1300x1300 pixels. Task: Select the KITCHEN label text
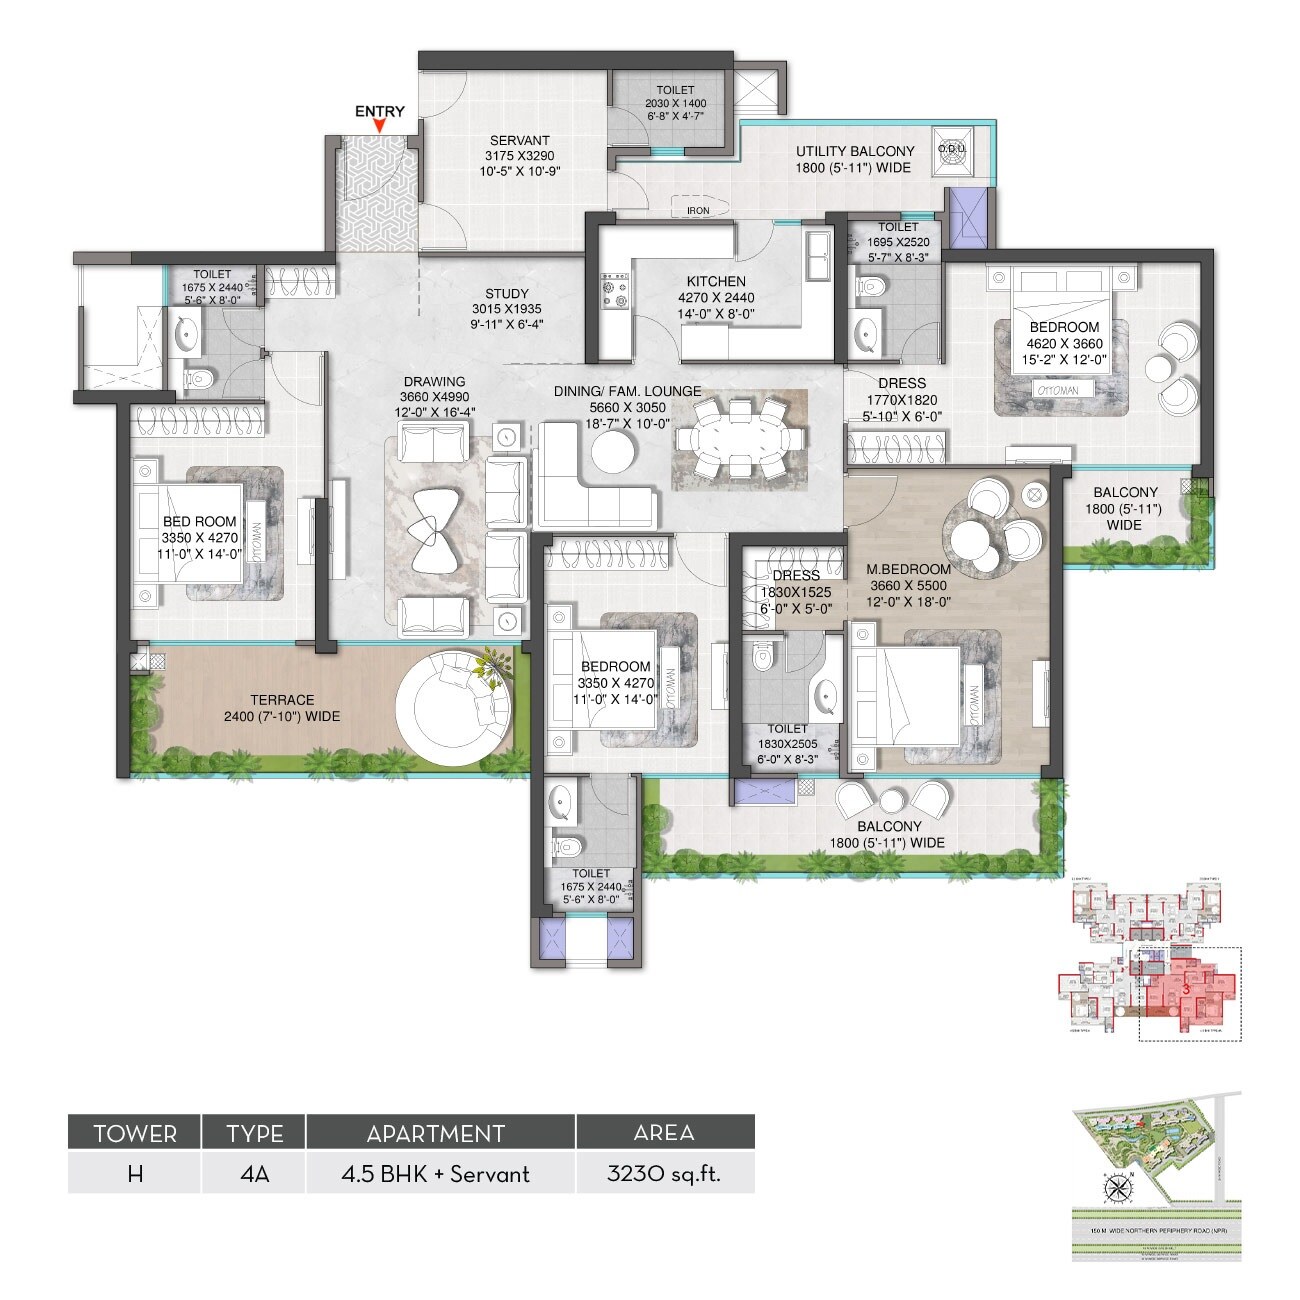[715, 282]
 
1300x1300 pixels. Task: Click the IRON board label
[698, 211]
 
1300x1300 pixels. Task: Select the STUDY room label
[507, 294]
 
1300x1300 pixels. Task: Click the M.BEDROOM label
[908, 570]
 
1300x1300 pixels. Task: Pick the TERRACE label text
[282, 700]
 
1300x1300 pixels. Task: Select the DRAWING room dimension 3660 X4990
[434, 396]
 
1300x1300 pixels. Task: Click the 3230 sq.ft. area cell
[664, 1173]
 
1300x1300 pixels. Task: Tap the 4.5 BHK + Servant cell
[440, 1173]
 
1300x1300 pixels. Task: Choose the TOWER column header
[135, 1133]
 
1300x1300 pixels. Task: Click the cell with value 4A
[254, 1173]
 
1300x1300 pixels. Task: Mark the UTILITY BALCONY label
[853, 151]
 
